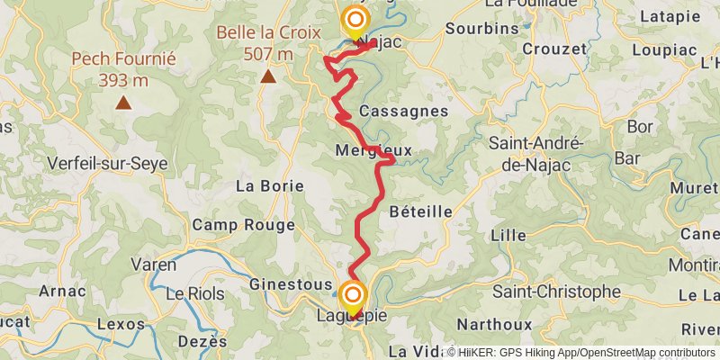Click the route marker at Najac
(x=356, y=21)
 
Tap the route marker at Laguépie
(x=352, y=295)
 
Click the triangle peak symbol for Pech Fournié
(x=123, y=103)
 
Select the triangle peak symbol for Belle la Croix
(x=268, y=76)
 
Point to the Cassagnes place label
(x=403, y=111)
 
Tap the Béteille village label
(x=421, y=211)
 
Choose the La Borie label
(x=269, y=186)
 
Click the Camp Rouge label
(x=244, y=225)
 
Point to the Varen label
(x=154, y=265)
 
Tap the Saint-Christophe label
(x=556, y=292)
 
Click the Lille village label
(x=508, y=235)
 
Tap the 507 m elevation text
(x=268, y=54)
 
